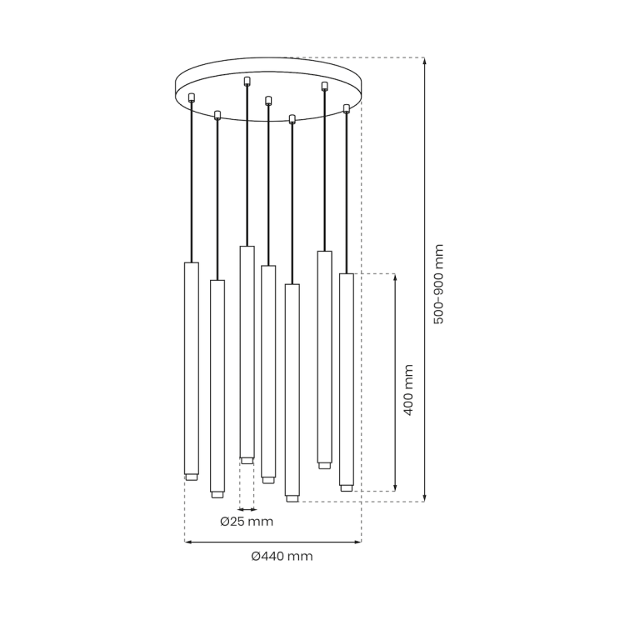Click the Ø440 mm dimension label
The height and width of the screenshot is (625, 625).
click(282, 556)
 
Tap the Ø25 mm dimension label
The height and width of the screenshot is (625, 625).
click(247, 522)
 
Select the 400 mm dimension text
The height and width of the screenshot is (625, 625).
click(408, 390)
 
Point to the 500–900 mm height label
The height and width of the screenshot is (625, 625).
click(438, 284)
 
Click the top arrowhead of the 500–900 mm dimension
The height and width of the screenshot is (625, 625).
click(424, 61)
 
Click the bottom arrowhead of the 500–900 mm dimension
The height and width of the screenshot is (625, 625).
click(424, 498)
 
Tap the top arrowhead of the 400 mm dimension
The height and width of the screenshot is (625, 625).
click(395, 277)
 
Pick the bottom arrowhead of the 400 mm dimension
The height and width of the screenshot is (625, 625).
click(395, 487)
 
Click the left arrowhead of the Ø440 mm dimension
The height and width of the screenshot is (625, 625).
click(188, 542)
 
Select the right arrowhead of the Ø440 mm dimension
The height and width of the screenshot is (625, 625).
click(357, 542)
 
